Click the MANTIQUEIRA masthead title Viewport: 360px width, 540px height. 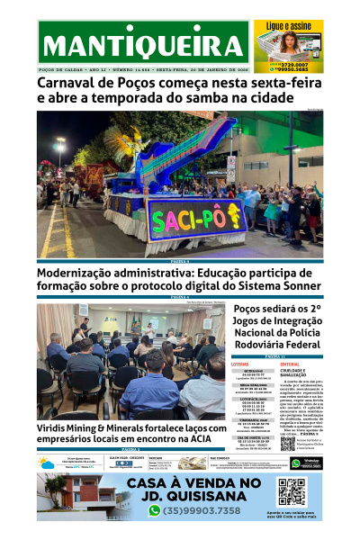[144, 45]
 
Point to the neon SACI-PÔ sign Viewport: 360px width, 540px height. [195, 219]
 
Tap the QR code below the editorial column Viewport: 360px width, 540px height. [288, 444]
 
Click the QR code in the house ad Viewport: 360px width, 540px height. [292, 492]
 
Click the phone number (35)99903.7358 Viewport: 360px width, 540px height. [203, 510]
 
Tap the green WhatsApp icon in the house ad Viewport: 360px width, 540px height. [155, 510]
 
